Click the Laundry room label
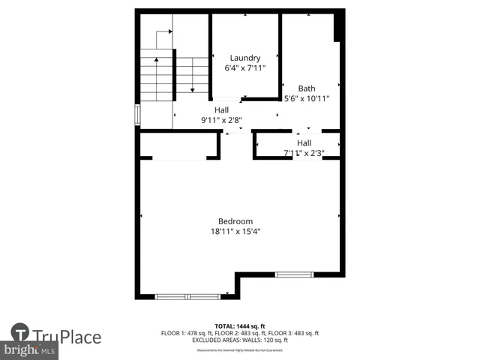pyautogui.click(x=245, y=58)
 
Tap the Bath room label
pyautogui.click(x=307, y=88)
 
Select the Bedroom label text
pyautogui.click(x=235, y=221)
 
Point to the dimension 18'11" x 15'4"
pyautogui.click(x=235, y=232)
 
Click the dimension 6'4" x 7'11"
pyautogui.click(x=245, y=68)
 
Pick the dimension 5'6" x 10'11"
pyautogui.click(x=307, y=98)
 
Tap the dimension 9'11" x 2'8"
pyautogui.click(x=221, y=120)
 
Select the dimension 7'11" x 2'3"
pyautogui.click(x=304, y=153)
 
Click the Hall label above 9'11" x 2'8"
pyautogui.click(x=221, y=110)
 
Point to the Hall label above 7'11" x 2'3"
pyautogui.click(x=304, y=143)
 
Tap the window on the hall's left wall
pyautogui.click(x=137, y=114)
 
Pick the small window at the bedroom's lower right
pyautogui.click(x=294, y=275)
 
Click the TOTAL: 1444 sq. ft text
pyautogui.click(x=240, y=326)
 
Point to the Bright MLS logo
pyautogui.click(x=29, y=350)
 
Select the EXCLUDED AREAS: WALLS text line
pyautogui.click(x=240, y=339)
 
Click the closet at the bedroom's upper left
pyautogui.click(x=179, y=145)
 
